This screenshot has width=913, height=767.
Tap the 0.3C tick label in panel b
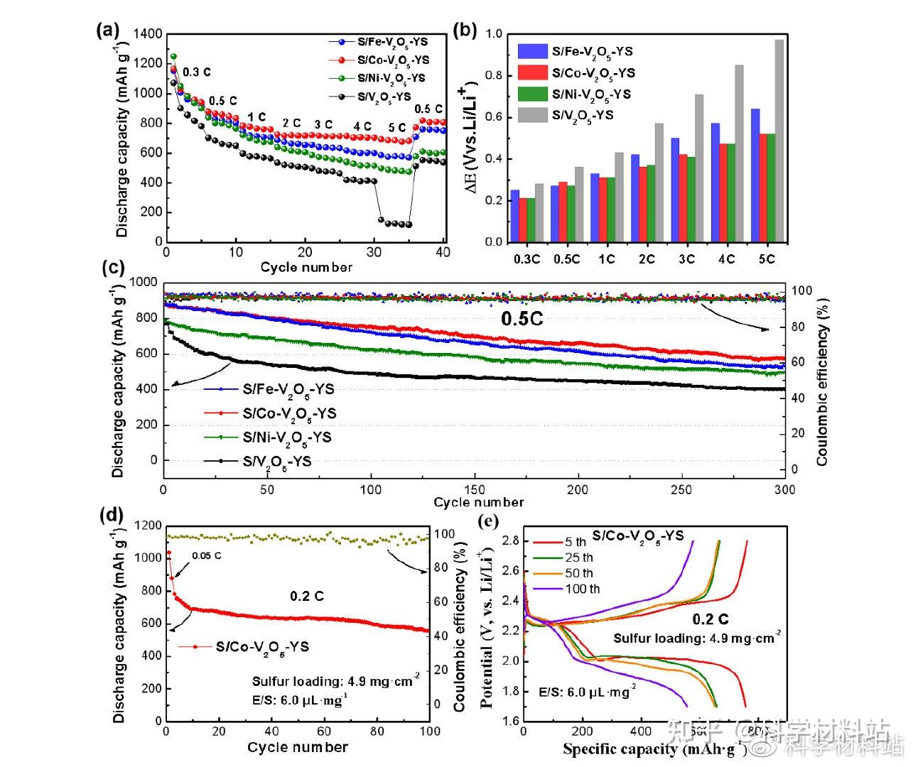click(x=526, y=259)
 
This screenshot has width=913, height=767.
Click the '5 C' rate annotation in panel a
click(x=397, y=128)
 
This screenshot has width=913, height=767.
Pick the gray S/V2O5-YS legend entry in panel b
click(x=583, y=115)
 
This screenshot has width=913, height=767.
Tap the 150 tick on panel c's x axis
click(x=475, y=489)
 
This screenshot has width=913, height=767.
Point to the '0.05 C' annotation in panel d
click(x=207, y=555)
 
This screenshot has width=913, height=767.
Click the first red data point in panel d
click(x=168, y=553)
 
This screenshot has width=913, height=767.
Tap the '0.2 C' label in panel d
click(x=307, y=596)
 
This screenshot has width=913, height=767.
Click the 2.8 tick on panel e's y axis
click(x=512, y=541)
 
